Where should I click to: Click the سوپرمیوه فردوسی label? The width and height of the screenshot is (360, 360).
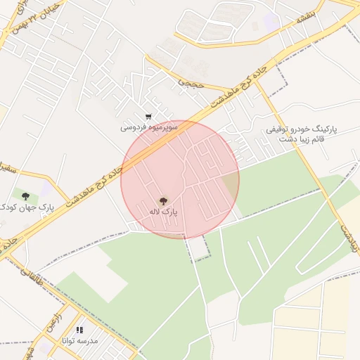pos(149,127)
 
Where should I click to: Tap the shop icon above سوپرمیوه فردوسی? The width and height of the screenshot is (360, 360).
pos(148,117)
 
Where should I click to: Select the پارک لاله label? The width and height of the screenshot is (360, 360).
pos(163,210)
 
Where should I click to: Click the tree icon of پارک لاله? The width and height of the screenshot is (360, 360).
pos(164,200)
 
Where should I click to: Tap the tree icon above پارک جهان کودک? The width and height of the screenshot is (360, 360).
pos(26,196)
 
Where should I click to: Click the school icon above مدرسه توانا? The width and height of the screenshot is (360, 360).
pos(79,329)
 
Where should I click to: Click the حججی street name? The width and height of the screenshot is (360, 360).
pos(190,83)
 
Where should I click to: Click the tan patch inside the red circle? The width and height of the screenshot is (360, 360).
pos(230,186)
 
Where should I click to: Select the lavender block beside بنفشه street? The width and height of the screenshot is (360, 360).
pos(271,21)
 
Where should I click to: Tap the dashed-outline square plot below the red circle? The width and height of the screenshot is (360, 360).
pos(199,248)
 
